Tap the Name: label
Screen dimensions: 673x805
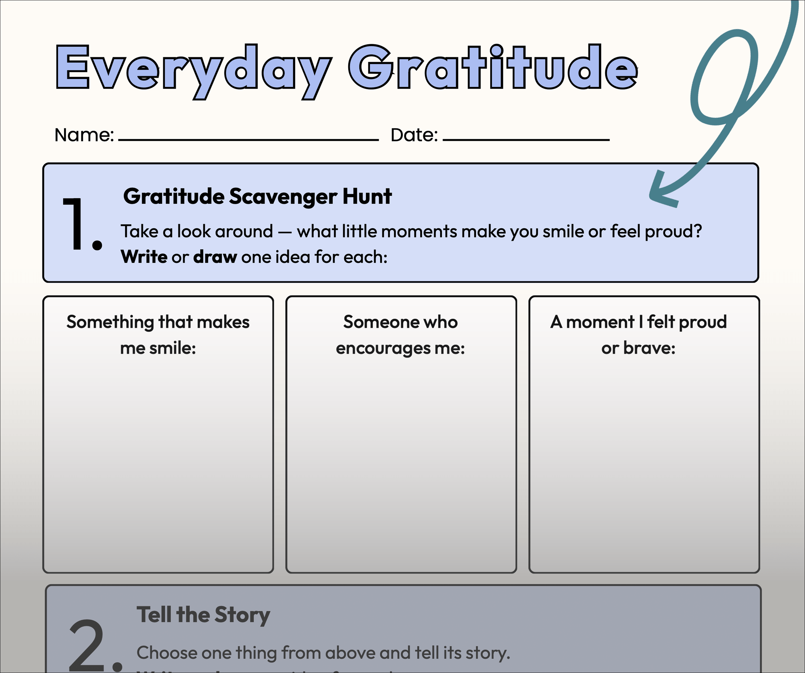tap(84, 135)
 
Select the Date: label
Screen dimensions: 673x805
tap(414, 135)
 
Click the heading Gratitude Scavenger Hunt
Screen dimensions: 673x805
tap(257, 196)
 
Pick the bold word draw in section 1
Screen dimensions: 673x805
tap(215, 257)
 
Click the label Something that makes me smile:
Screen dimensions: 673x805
tap(158, 335)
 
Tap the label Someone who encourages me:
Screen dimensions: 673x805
tap(400, 335)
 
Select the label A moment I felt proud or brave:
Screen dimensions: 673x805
tap(638, 335)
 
